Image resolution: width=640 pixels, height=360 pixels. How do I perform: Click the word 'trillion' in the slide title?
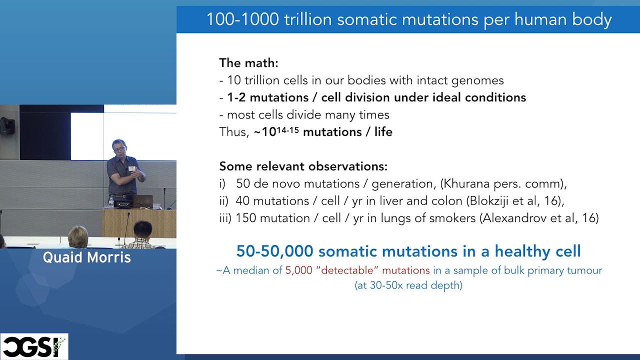pyautogui.click(x=308, y=19)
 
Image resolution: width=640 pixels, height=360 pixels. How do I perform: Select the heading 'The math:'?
pyautogui.click(x=248, y=63)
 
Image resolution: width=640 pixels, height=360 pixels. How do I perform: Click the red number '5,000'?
pyautogui.click(x=298, y=270)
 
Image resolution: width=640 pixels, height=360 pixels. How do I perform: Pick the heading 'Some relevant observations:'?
pyautogui.click(x=303, y=166)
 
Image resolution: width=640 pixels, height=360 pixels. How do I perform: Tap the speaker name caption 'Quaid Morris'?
pyautogui.click(x=87, y=257)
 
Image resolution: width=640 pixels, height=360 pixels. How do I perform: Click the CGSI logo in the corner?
pyautogui.click(x=34, y=346)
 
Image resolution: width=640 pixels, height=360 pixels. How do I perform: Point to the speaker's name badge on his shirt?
pyautogui.click(x=132, y=168)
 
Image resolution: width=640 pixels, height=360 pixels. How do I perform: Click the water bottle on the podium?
pyautogui.click(x=111, y=202)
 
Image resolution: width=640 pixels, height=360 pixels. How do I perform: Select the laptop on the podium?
pyautogui.click(x=142, y=201)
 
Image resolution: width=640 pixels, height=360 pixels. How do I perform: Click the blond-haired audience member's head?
pyautogui.click(x=78, y=236)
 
